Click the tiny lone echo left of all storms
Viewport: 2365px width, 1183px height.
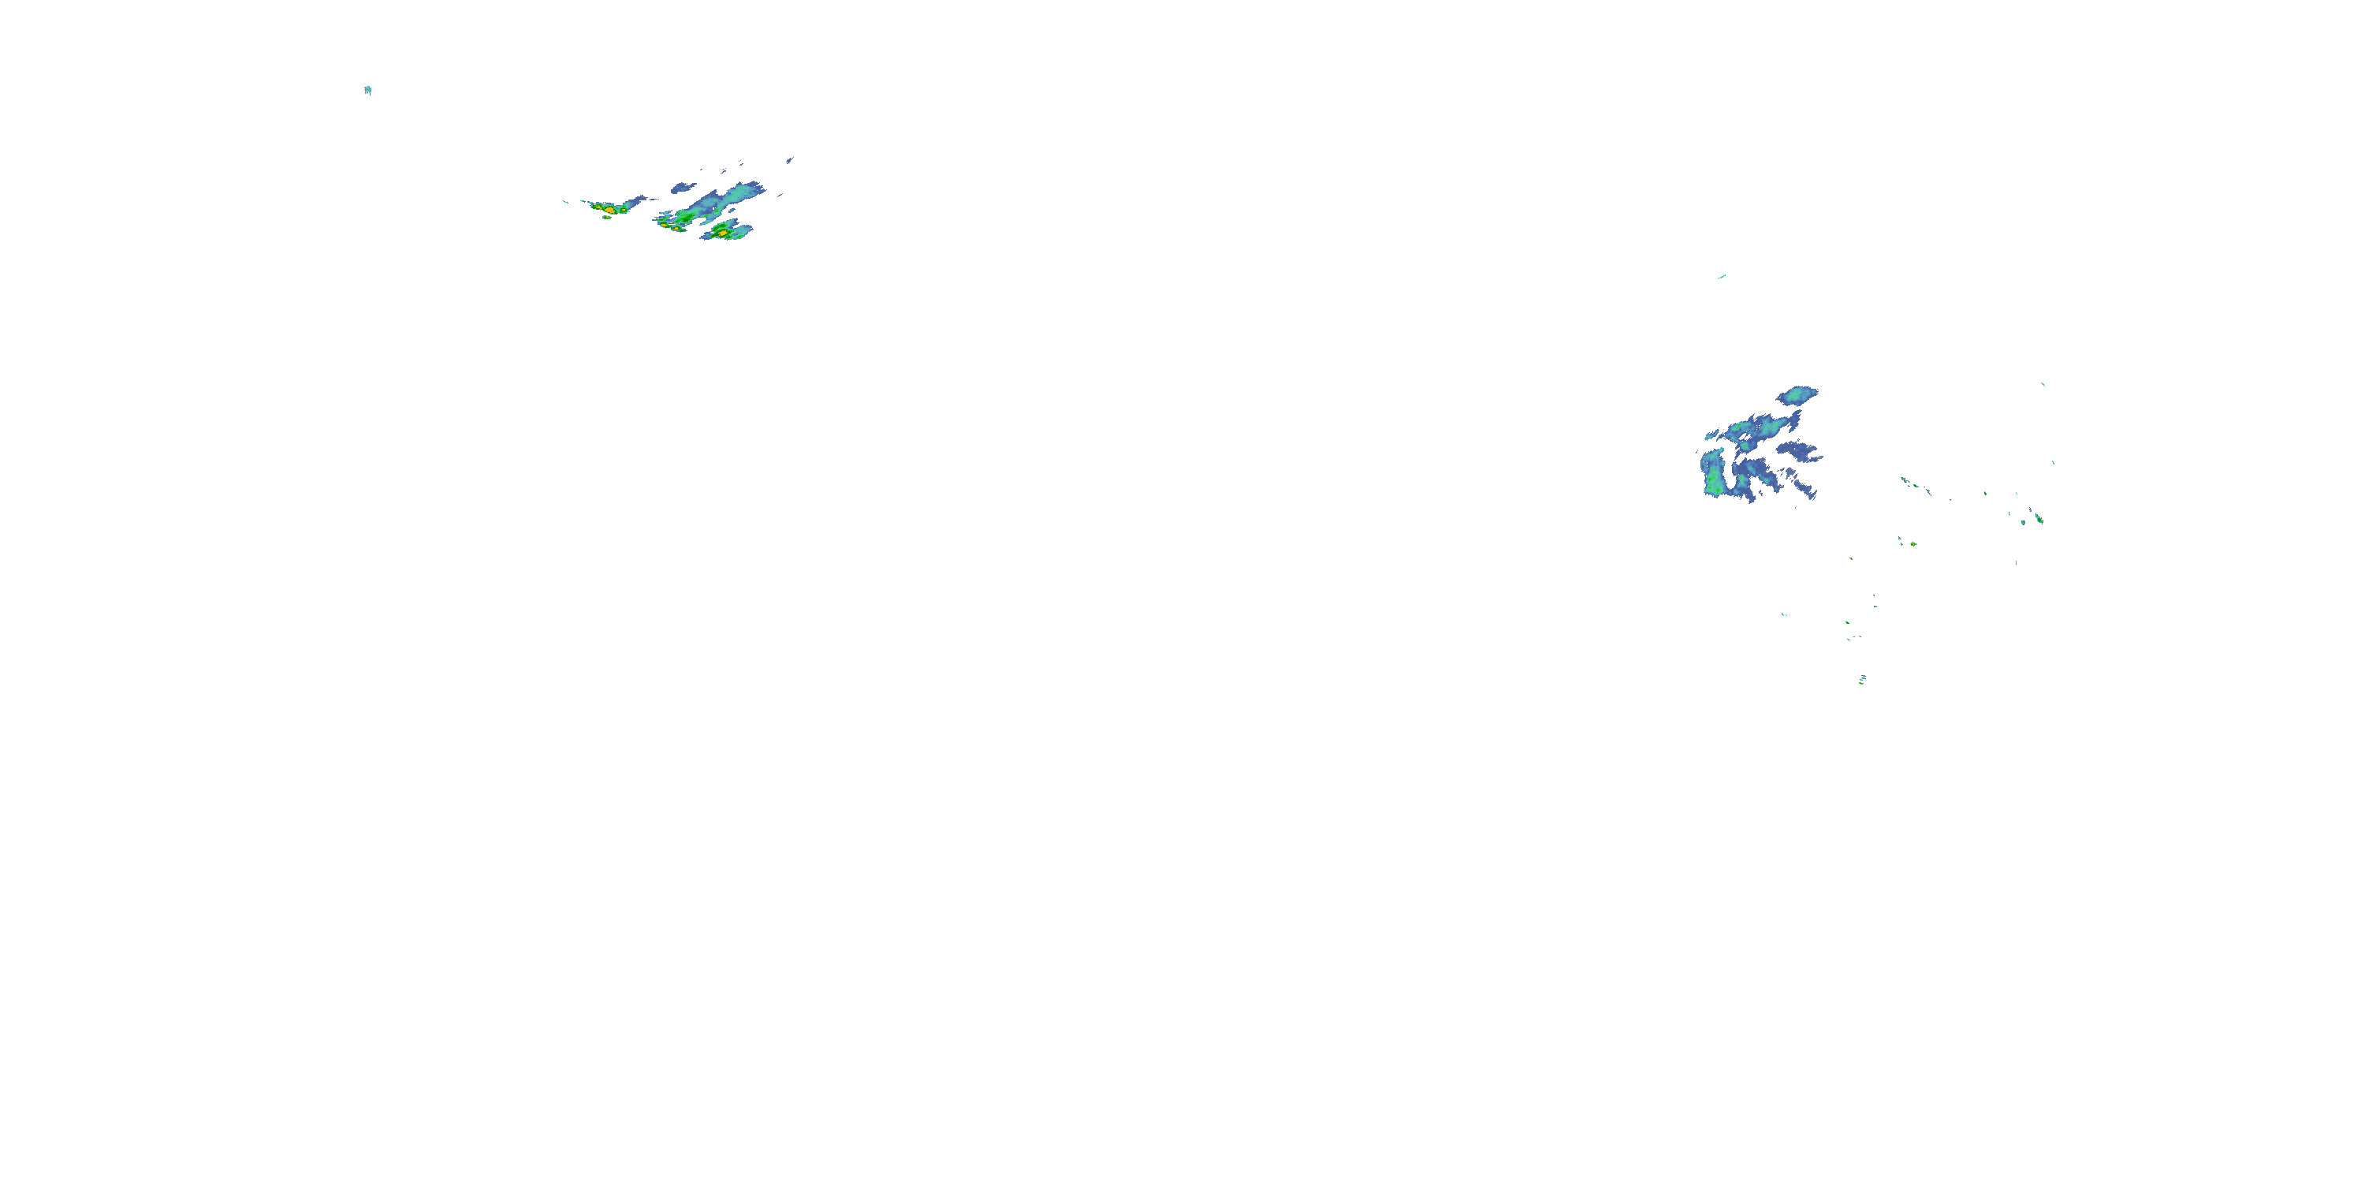(x=367, y=90)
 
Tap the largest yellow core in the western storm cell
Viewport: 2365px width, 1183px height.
(x=608, y=210)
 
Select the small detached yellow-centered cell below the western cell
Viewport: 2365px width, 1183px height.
(x=607, y=218)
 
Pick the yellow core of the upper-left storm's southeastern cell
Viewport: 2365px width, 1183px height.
(x=724, y=233)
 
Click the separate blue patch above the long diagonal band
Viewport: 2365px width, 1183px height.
(x=681, y=188)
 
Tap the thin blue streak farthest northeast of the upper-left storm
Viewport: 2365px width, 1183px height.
(x=790, y=160)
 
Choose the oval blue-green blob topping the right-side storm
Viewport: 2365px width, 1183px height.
(x=1797, y=396)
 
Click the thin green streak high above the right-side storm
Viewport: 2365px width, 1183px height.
(x=1722, y=277)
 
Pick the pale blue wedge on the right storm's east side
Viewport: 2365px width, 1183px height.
(x=1801, y=452)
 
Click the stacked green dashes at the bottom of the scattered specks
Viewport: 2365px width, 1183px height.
(x=1862, y=680)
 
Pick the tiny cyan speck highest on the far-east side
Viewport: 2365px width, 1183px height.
(x=2043, y=384)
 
